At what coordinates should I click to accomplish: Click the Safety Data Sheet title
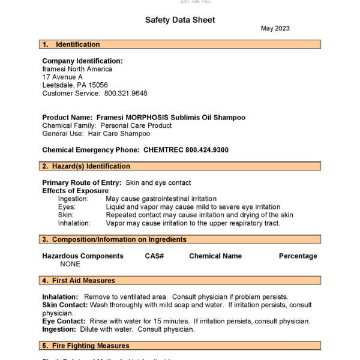point(180,20)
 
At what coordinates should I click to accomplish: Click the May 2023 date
point(275,28)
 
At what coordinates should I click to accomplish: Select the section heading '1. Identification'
point(71,44)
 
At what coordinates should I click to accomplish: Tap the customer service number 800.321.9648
point(126,94)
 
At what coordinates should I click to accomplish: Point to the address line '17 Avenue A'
point(62,77)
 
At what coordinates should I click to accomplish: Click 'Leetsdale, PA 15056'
point(75,85)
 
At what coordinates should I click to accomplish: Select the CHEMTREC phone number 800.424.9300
point(207,150)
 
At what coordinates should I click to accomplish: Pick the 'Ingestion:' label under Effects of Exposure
point(73,199)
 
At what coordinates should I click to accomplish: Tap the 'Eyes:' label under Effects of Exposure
point(67,207)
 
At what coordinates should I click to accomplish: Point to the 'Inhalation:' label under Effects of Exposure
point(74,223)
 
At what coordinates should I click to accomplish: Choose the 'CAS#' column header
point(154,256)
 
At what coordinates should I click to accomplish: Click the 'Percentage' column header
point(298,256)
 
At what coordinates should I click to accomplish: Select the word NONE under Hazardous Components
point(70,264)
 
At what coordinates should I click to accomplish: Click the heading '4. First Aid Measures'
point(79,280)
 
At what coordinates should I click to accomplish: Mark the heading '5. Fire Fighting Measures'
point(85,346)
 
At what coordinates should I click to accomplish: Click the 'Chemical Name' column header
point(215,256)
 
